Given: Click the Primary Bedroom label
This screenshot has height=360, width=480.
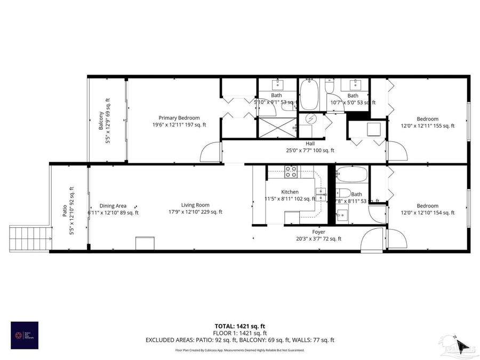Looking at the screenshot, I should click(x=179, y=118).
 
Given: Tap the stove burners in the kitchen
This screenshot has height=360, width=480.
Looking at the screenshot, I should click(x=291, y=172).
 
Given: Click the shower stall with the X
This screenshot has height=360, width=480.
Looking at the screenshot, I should click(x=277, y=127).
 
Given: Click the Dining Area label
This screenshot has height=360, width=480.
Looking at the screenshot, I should click(x=113, y=205).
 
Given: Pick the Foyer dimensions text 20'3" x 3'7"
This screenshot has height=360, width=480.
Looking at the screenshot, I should click(x=318, y=238).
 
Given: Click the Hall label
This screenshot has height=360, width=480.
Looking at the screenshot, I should click(x=310, y=143).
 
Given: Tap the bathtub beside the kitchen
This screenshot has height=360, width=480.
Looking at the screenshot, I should click(x=352, y=174).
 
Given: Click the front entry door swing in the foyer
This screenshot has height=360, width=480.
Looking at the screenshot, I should click(x=372, y=241).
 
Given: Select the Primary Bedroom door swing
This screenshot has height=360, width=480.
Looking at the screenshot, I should click(x=210, y=153).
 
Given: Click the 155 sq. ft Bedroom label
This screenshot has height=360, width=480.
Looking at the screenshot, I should click(x=427, y=119).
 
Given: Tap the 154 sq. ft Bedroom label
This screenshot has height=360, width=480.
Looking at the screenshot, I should click(x=427, y=206).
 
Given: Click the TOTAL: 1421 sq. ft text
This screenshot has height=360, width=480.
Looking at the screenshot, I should click(x=239, y=325).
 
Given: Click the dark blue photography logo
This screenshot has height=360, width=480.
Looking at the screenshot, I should click(x=25, y=335).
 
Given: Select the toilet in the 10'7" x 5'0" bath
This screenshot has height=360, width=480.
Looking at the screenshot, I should click(x=329, y=86).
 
